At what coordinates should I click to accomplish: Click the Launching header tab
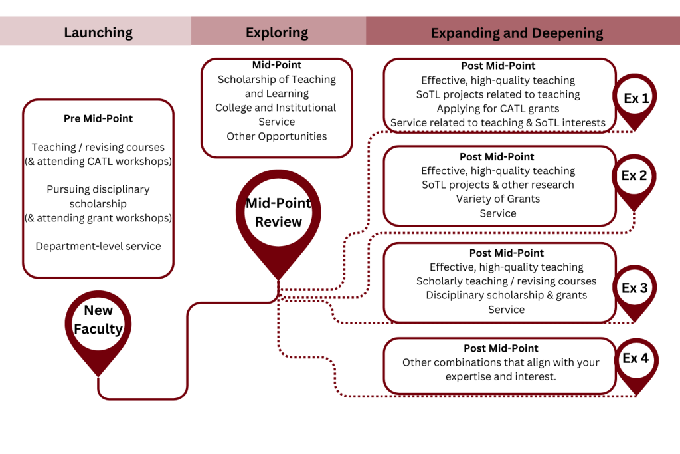[x=98, y=32]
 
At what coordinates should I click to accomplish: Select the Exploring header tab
[x=277, y=32]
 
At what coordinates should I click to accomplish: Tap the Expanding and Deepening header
[x=517, y=32]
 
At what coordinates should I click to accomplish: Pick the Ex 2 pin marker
[x=634, y=177]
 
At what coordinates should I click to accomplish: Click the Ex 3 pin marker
[x=634, y=288]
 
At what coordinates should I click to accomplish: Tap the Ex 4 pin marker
[x=635, y=359]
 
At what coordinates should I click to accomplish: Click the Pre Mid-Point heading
[x=98, y=118]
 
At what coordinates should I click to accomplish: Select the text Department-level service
[x=98, y=246]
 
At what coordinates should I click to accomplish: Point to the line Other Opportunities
[x=277, y=136]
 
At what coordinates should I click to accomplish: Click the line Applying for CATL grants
[x=498, y=108]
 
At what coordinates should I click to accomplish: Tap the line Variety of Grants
[x=498, y=199]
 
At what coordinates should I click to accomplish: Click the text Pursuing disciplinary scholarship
[x=98, y=196]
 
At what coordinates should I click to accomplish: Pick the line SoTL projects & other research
[x=498, y=185]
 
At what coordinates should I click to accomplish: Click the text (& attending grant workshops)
[x=98, y=217]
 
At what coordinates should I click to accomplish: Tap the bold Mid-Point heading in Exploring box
[x=277, y=65]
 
